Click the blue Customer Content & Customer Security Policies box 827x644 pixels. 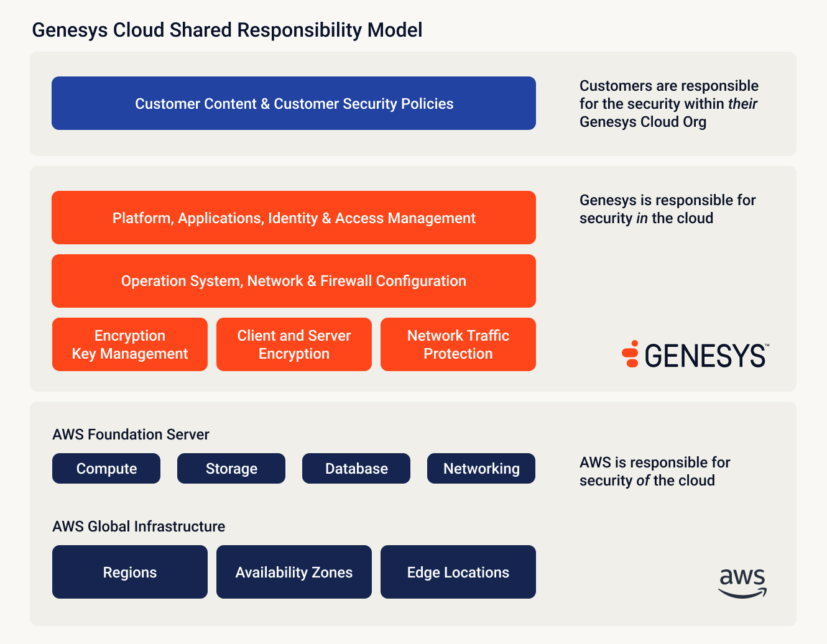[293, 103]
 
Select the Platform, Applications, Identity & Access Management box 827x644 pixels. [293, 218]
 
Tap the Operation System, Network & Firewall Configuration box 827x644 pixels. [293, 281]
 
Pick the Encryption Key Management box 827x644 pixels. [130, 344]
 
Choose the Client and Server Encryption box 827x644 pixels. [294, 344]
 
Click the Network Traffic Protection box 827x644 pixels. [458, 344]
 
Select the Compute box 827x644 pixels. [106, 469]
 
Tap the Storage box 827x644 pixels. [231, 469]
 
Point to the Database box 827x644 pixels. [356, 469]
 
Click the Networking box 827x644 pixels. [481, 469]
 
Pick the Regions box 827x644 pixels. [130, 572]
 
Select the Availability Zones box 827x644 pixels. [294, 572]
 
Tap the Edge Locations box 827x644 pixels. [458, 572]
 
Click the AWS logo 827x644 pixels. [742, 583]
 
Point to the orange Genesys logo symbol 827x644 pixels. [631, 354]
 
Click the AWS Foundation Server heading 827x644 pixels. [131, 435]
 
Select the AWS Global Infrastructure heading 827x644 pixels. [139, 527]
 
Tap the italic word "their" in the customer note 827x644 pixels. [742, 104]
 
